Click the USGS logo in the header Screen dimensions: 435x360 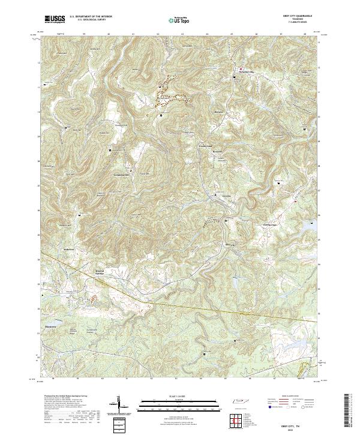click(56, 19)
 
